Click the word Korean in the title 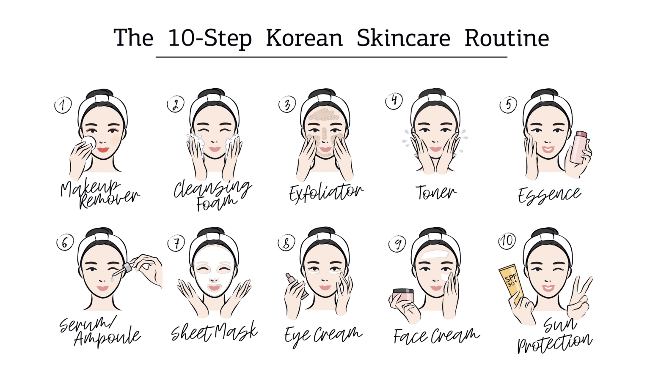coord(304,38)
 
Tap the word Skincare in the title coord(403,38)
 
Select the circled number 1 coord(63,105)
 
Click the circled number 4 coord(394,101)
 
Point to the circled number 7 coord(176,243)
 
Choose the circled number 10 coord(507,241)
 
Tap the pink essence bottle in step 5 coord(578,147)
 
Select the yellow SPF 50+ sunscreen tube coord(511,281)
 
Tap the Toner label coord(435,193)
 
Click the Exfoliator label coord(326,193)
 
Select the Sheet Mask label coord(214,332)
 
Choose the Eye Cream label coord(323,335)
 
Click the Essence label coord(549,195)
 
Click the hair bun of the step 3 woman coord(324,94)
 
